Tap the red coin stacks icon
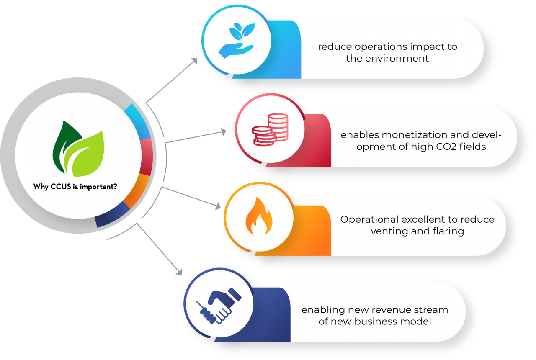(x=270, y=129)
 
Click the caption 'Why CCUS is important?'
(x=75, y=187)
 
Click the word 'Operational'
(x=369, y=219)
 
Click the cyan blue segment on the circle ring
(x=138, y=121)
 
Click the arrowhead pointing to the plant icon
(x=194, y=61)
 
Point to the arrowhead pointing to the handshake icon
(x=179, y=272)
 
